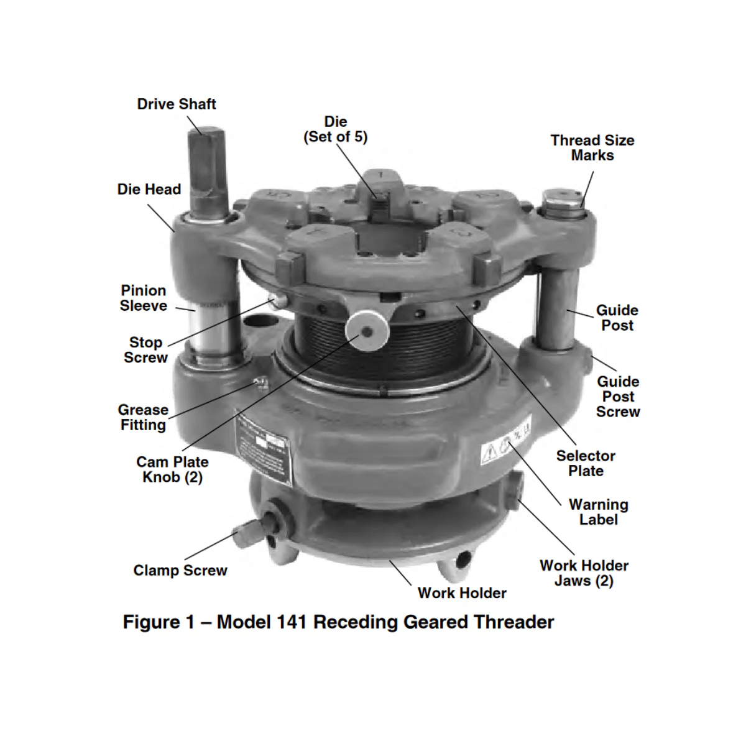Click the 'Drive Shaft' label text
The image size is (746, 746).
coord(177,104)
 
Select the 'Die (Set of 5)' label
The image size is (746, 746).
coord(335,129)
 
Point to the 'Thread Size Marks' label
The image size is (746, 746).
coord(592,148)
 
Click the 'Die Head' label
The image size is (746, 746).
coord(149,190)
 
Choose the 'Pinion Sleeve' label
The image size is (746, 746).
coord(144,298)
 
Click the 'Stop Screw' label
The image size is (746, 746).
coord(145,350)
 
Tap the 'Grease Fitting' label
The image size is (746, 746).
coord(143,418)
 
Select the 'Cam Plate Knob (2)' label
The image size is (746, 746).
coord(172,469)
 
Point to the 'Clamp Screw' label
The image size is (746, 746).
coord(180,571)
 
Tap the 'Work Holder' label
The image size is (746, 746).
coord(462,593)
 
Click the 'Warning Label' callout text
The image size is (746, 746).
coord(598,512)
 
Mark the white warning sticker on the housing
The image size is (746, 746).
coord(506,444)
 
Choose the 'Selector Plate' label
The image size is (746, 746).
coord(586,463)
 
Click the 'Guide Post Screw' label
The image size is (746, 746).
coord(618,397)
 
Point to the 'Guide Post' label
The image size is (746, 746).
coord(617,318)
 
